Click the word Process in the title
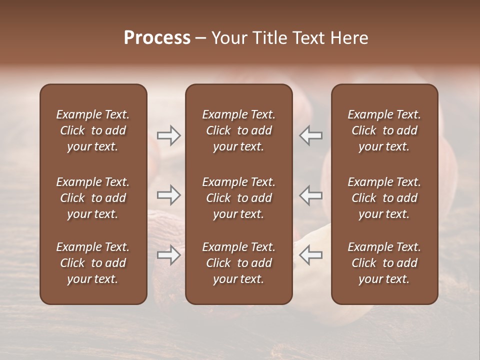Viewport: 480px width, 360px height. (157, 38)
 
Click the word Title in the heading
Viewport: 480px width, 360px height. (269, 38)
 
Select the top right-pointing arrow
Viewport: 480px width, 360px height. (169, 135)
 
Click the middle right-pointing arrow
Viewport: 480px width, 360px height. (169, 195)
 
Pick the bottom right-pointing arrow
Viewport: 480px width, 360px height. (169, 255)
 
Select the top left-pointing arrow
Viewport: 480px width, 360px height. (310, 135)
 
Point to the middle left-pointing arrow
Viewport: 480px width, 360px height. (310, 195)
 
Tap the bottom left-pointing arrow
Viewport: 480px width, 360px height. (310, 255)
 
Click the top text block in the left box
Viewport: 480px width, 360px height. (93, 130)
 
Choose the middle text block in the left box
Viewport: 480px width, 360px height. (93, 198)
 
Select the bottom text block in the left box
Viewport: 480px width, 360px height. (93, 263)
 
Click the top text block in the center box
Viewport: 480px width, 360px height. (238, 130)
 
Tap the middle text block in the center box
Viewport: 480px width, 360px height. (238, 198)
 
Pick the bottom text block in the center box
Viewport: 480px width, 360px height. (238, 263)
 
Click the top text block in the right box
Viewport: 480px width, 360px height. (384, 130)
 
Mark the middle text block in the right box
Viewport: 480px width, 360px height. (384, 198)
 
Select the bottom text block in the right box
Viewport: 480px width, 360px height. (384, 263)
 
